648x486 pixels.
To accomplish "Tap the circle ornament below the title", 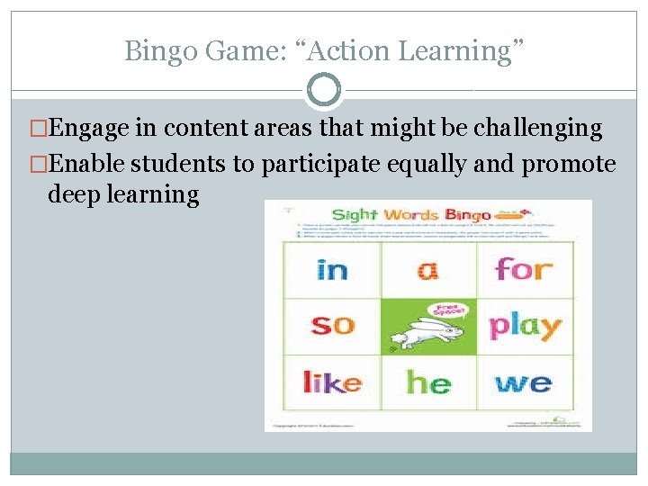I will [324, 91].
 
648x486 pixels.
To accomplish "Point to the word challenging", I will [537, 129].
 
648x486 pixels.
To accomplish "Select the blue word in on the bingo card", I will [332, 269].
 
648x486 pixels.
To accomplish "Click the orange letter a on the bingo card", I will [428, 269].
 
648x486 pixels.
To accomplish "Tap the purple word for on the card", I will [524, 269].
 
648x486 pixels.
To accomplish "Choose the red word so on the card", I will [332, 324].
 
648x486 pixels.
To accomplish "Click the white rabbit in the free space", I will [423, 337].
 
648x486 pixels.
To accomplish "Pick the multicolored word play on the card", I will [525, 326].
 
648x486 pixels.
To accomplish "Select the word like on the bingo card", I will [332, 382].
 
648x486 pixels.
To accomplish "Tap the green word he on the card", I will [428, 382].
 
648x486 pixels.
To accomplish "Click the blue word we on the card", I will [524, 382].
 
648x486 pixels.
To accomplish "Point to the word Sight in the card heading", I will [355, 215].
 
